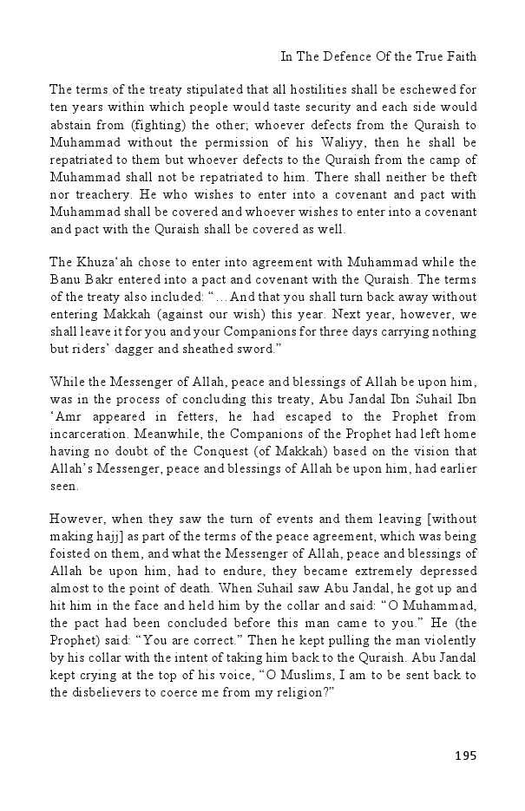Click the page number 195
click(x=465, y=755)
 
